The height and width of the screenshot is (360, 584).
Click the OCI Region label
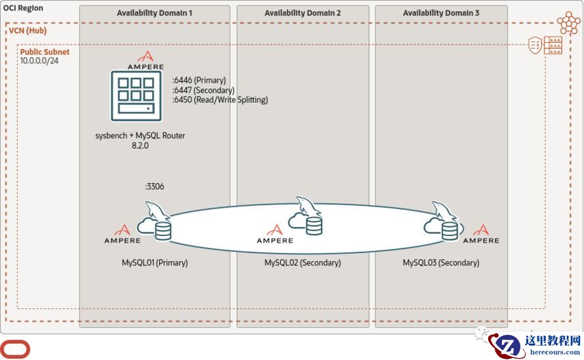pyautogui.click(x=24, y=9)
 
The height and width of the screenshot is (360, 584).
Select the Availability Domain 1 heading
pyautogui.click(x=155, y=13)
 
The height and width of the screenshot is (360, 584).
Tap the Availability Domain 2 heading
pyautogui.click(x=302, y=13)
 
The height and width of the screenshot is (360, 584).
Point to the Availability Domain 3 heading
pyautogui.click(x=441, y=13)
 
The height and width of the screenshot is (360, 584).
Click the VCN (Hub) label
pyautogui.click(x=28, y=31)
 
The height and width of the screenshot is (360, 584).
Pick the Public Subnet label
pyautogui.click(x=45, y=52)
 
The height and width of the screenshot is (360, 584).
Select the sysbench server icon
pyautogui.click(x=136, y=96)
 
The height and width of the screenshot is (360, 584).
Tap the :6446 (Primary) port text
pyautogui.click(x=199, y=81)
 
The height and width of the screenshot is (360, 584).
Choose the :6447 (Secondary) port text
pyautogui.click(x=203, y=90)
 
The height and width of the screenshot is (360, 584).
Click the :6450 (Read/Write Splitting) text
pyautogui.click(x=220, y=100)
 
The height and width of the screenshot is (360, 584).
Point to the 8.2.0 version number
pyautogui.click(x=141, y=146)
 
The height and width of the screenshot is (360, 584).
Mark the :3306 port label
pyautogui.click(x=155, y=187)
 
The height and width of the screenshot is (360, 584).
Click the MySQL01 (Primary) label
pyautogui.click(x=155, y=263)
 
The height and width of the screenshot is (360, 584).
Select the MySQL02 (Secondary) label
pyautogui.click(x=302, y=263)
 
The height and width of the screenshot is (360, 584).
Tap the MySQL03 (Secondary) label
pyautogui.click(x=441, y=263)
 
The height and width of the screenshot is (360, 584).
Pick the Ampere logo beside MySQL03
pyautogui.click(x=481, y=234)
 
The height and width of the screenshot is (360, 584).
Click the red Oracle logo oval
pyautogui.click(x=14, y=349)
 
